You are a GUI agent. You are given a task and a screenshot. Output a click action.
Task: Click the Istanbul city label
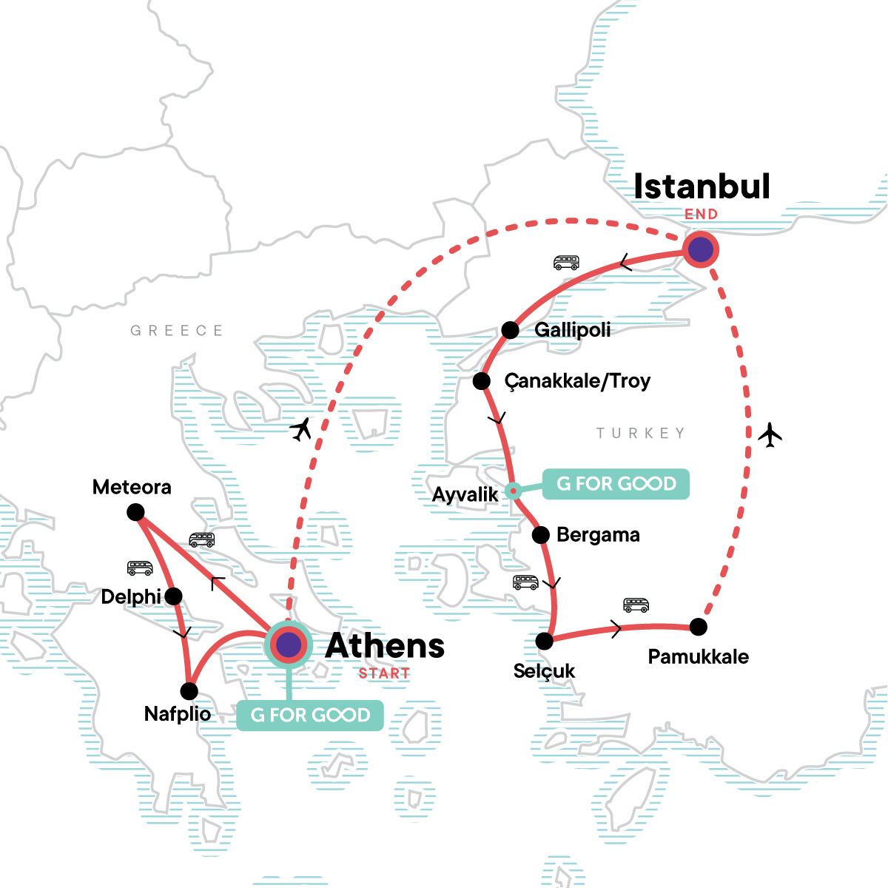tap(702, 186)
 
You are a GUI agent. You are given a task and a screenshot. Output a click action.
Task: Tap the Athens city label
tap(385, 646)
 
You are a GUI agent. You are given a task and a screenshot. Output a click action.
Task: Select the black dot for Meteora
tap(135, 512)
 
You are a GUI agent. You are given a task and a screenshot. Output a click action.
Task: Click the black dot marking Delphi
tap(173, 596)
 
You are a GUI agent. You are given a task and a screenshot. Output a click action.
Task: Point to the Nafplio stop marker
tap(189, 691)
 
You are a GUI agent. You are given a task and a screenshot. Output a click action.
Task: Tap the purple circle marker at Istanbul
tap(700, 249)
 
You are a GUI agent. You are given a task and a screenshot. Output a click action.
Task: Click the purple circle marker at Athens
tap(288, 645)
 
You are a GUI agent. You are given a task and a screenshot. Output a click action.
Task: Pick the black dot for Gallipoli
tap(510, 330)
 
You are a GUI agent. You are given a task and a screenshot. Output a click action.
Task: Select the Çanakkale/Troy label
tap(577, 381)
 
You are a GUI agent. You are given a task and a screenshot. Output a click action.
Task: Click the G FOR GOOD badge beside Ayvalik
tap(616, 484)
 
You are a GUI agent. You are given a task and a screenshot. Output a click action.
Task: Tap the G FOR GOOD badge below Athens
tap(310, 716)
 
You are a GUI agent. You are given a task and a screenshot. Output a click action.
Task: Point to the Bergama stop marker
tap(541, 534)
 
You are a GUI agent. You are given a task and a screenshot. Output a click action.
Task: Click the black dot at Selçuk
tap(545, 641)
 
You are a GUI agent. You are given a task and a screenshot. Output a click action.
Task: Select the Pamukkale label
tap(698, 657)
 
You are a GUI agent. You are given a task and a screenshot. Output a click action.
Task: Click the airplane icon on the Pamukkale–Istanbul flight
tap(770, 435)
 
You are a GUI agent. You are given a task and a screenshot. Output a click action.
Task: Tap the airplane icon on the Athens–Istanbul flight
tap(301, 429)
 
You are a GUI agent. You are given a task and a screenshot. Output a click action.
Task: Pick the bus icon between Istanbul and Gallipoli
tap(566, 263)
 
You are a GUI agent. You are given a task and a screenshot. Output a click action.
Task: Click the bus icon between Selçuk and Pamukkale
tap(636, 605)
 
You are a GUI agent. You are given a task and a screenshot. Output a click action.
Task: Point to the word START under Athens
tap(384, 673)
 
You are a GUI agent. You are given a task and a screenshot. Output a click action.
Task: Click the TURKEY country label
tap(641, 433)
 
